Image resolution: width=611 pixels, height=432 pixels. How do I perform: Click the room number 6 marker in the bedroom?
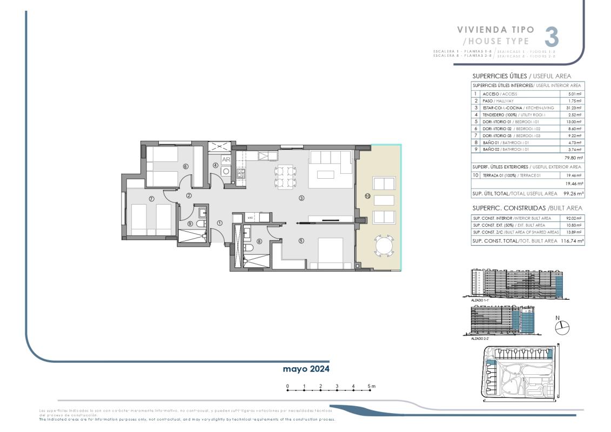pos(185,166)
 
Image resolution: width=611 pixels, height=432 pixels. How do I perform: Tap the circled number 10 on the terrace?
pos(367,197)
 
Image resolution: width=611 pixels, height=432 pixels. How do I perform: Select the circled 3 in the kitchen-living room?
pos(301,199)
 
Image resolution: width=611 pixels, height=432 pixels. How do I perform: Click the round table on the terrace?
pos(384,247)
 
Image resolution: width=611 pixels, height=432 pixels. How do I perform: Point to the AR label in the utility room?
pos(226,160)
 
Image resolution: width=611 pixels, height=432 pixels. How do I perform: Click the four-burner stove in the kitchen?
pos(241,173)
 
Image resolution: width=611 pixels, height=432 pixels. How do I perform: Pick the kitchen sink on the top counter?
pos(265,157)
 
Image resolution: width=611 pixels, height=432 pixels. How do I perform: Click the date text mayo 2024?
pos(306,369)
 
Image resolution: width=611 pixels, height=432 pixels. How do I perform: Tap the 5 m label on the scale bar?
pos(372,386)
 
